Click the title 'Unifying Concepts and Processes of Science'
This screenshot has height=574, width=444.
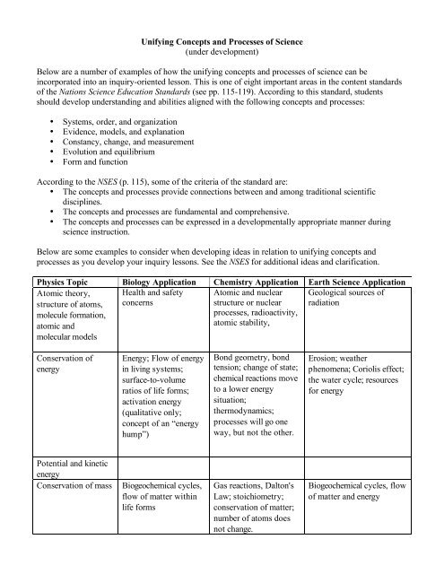click(x=221, y=41)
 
